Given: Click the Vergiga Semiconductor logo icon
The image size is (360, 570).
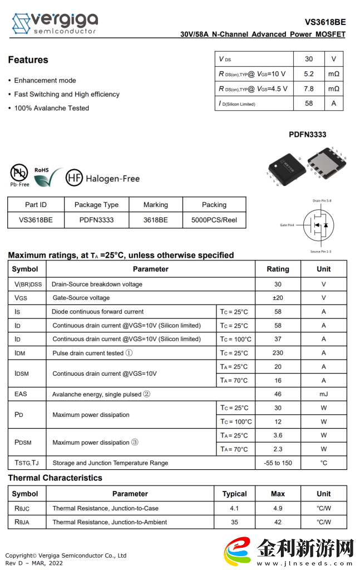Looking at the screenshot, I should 21,24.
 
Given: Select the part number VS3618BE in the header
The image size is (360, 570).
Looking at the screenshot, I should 325,22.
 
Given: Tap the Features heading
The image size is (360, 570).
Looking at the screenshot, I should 28,60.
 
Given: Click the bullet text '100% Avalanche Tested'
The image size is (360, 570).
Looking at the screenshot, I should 51,108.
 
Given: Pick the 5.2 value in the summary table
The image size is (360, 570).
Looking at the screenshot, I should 309,73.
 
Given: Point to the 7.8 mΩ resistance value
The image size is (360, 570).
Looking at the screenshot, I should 309,89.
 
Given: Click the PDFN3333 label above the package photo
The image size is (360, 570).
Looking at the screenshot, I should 307,134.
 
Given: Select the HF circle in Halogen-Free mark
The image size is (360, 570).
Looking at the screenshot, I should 74,178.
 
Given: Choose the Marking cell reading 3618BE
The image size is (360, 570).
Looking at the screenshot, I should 155,220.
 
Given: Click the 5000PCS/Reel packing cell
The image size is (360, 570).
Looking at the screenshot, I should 214,220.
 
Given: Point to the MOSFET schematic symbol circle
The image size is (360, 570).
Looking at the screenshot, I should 319,225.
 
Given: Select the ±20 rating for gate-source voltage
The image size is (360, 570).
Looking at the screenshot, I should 278,298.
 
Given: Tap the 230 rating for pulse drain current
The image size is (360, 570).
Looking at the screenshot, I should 278,353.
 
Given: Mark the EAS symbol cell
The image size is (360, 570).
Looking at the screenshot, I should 21,394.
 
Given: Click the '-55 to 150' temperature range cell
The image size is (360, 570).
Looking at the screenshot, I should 278,463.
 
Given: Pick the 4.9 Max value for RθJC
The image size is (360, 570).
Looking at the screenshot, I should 278,508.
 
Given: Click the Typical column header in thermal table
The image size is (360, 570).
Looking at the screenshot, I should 234,494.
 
